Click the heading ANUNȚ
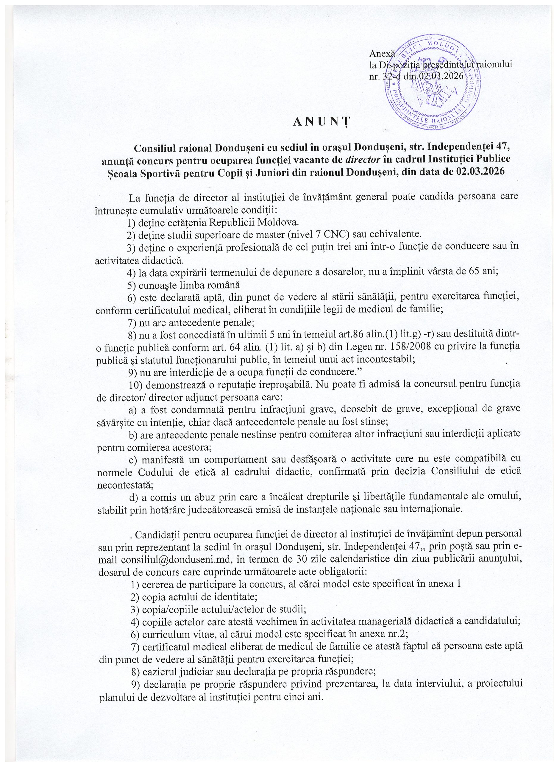pos(321,122)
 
